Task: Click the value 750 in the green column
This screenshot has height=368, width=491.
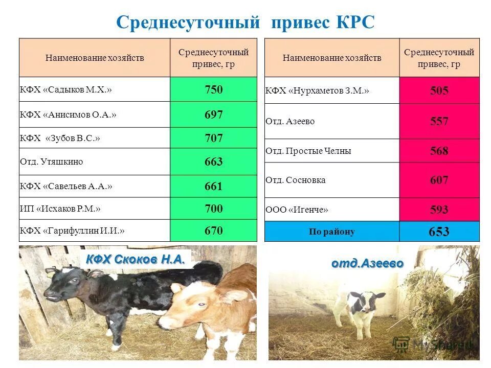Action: [x=213, y=90]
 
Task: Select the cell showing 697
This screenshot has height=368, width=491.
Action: [x=213, y=115]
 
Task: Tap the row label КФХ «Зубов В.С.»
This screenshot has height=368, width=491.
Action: [x=60, y=138]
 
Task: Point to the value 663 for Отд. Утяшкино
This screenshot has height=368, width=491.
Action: [x=213, y=162]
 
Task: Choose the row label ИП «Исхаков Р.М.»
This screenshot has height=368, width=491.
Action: [x=60, y=209]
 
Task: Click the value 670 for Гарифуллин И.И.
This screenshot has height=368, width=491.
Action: [x=213, y=231]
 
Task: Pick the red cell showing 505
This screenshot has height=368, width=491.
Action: [x=439, y=91]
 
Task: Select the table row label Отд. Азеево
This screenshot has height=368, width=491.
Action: [x=290, y=122]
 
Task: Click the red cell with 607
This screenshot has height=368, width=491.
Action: [x=439, y=180]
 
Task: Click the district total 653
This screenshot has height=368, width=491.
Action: [x=439, y=232]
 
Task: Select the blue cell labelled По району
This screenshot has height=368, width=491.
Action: [x=331, y=232]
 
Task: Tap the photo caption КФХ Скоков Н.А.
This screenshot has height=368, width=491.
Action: [x=135, y=260]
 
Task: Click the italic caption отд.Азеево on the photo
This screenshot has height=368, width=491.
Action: [x=367, y=264]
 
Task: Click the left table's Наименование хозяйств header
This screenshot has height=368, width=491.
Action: [x=95, y=58]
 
